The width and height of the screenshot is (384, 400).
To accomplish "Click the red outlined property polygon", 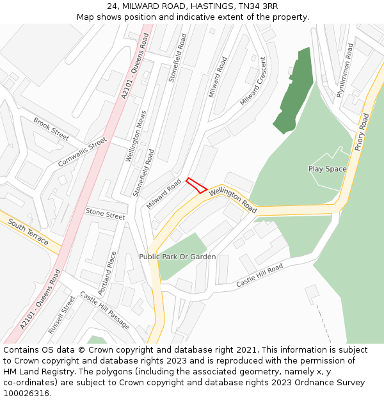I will (196, 186).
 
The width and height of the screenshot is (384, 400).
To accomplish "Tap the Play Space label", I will (327, 169).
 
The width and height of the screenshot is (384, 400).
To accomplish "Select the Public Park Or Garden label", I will (177, 257).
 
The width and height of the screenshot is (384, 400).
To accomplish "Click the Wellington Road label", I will (232, 199).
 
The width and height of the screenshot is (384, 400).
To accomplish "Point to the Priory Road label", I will (363, 132).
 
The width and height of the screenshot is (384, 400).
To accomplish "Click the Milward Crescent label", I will (253, 81).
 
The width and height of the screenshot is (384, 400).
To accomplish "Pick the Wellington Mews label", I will (136, 136).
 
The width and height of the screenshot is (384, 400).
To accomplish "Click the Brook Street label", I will (51, 129).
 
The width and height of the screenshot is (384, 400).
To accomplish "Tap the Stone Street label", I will (106, 213).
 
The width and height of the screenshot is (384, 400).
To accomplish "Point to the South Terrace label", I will (28, 232).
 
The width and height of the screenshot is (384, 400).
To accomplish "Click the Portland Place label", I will (109, 268).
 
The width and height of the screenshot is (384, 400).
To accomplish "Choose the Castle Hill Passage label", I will (104, 310).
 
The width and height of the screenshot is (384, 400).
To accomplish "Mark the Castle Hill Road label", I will (259, 275).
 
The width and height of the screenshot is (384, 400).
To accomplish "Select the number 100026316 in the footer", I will (26, 393).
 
